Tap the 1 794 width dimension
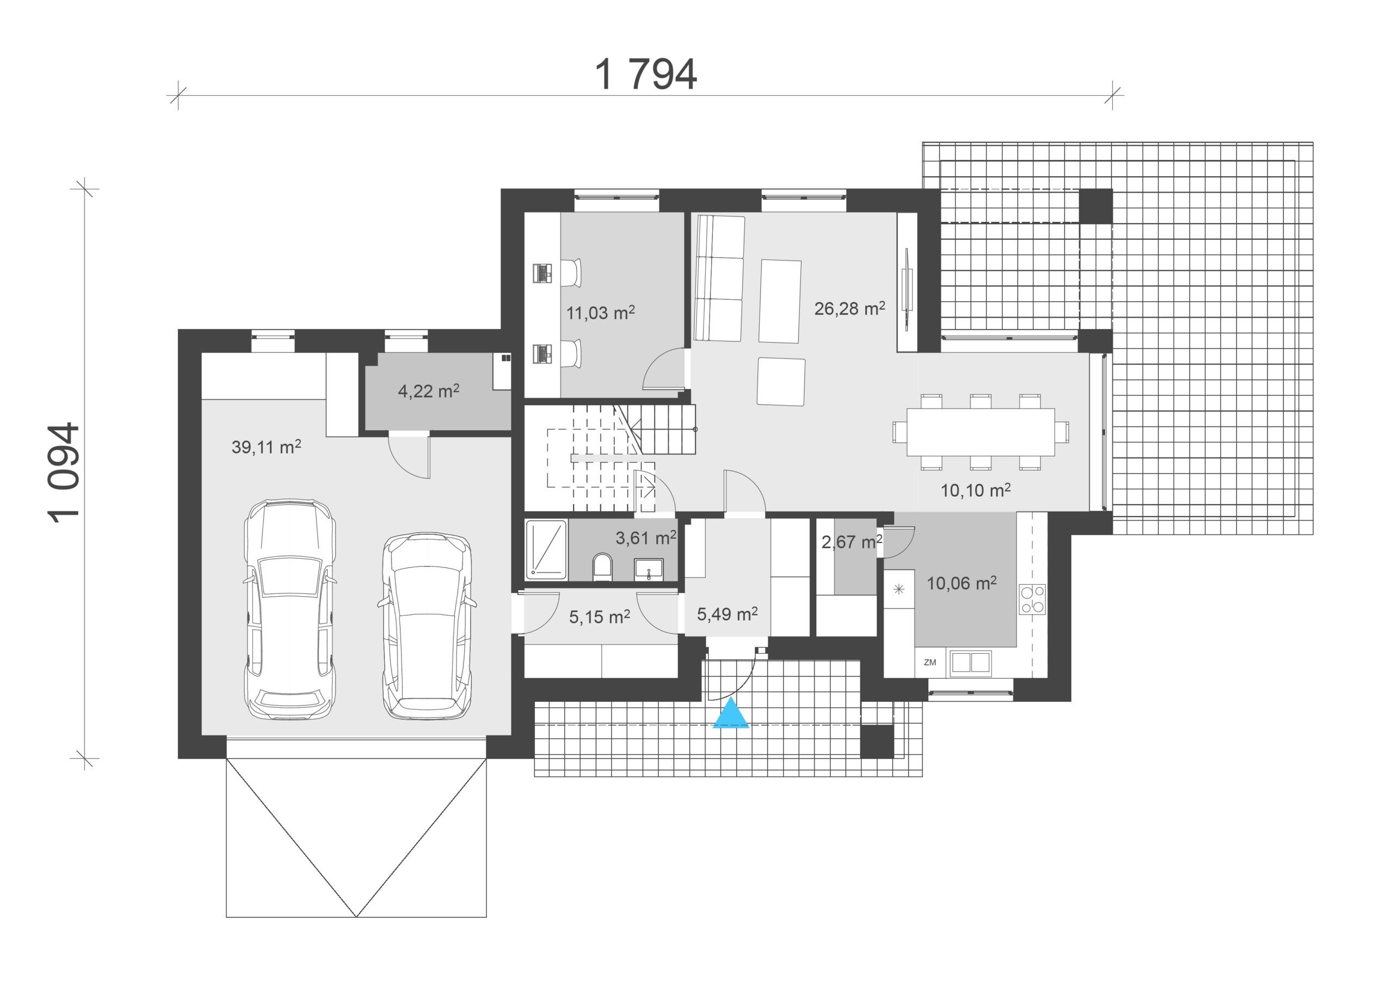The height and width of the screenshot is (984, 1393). (x=645, y=75)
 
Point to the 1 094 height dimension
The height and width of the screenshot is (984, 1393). (x=63, y=473)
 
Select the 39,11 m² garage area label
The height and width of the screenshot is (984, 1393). (x=266, y=447)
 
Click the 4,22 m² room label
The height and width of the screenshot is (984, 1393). (x=428, y=391)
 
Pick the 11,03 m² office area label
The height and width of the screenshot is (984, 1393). (x=601, y=312)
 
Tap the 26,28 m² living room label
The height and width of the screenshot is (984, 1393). (x=849, y=308)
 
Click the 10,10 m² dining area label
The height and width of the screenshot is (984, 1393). (x=976, y=490)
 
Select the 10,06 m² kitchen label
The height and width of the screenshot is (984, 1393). (x=961, y=583)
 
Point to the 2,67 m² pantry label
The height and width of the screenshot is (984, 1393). (x=852, y=541)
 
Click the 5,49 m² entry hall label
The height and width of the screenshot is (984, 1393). (x=727, y=614)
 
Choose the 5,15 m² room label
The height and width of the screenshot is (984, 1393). (x=600, y=617)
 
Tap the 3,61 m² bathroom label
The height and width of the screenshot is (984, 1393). (x=646, y=537)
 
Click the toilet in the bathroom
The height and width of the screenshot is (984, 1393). (x=602, y=567)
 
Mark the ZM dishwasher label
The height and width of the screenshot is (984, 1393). (x=929, y=663)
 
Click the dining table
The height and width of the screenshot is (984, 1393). (x=981, y=432)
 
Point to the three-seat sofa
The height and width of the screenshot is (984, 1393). (x=719, y=279)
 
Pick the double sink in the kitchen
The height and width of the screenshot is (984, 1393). (x=971, y=663)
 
